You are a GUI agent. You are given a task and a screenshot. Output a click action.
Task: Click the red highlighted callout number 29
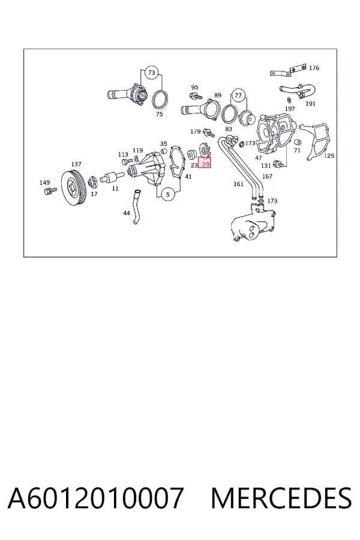coord(204,164)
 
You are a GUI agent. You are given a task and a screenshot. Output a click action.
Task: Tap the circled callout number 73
coord(152,73)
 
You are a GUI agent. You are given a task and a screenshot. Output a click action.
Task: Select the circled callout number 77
coord(238,95)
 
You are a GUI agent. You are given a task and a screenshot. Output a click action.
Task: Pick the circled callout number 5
coord(168,194)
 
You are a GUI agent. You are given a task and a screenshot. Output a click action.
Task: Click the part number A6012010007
coord(96,498)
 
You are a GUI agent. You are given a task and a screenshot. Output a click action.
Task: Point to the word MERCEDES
coord(281,498)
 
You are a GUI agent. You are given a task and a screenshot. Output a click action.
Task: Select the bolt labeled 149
coord(50,191)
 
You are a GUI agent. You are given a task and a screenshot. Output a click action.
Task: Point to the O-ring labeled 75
coord(161,100)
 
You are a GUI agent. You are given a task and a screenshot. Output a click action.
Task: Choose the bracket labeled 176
coord(287,71)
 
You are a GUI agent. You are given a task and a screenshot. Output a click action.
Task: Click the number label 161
coord(238,184)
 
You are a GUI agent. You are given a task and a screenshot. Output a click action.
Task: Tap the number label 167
coord(268,176)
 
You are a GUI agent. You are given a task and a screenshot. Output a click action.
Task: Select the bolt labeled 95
coord(196,95)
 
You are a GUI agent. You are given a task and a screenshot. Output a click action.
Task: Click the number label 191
coord(310,103)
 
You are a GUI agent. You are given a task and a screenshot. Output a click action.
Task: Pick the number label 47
coord(259,158)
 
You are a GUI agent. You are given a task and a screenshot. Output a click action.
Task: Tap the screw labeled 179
coord(209,133)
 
